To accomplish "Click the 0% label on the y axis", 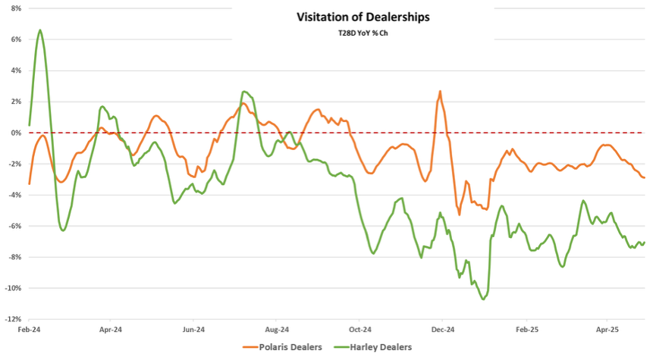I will point(15,133).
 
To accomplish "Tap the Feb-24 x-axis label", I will point(29,330).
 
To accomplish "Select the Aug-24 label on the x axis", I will point(278,330).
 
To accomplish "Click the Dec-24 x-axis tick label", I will point(443,330).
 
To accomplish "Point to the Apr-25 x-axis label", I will point(607,330).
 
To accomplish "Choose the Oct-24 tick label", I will point(360,330).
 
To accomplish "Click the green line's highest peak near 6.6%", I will point(40,30).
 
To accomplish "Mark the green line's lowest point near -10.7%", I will point(483,299).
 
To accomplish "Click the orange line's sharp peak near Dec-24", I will point(440,91).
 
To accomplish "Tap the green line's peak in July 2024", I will point(244,92).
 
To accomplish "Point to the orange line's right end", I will point(645,177).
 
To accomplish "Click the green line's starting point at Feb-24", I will point(29,125).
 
